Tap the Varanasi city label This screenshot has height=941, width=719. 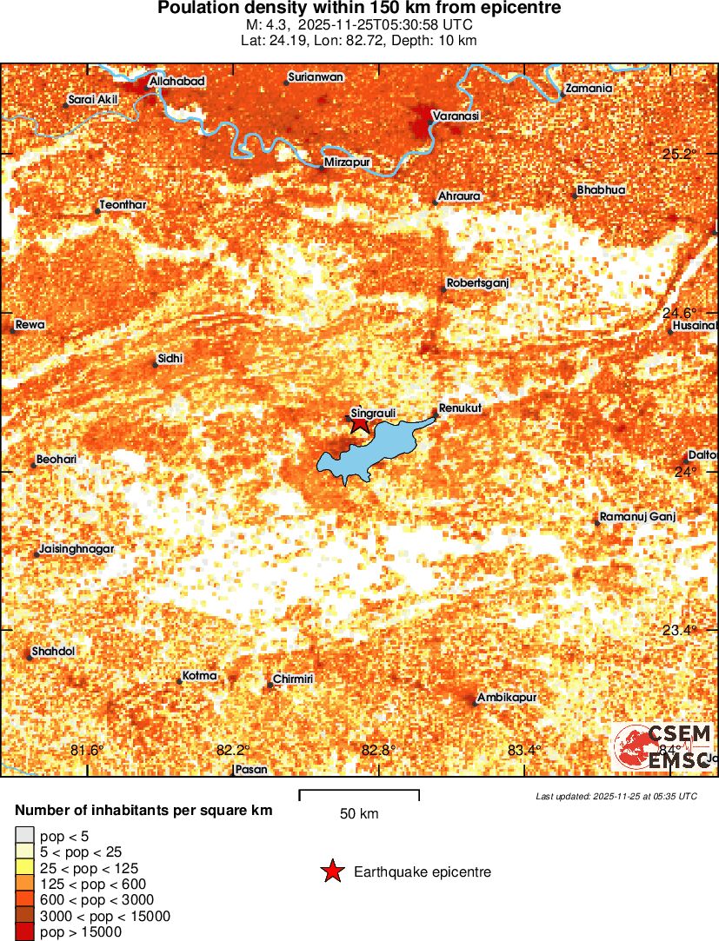(x=456, y=116)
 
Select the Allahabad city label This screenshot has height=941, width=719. (x=177, y=82)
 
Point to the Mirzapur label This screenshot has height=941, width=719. (x=347, y=162)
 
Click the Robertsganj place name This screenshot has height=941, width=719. (x=476, y=283)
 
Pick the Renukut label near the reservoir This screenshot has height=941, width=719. (x=461, y=408)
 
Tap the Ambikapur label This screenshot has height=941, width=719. (x=507, y=698)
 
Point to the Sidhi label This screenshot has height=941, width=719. (x=170, y=358)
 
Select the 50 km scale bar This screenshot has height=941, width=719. (x=359, y=794)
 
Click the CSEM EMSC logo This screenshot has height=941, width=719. (x=665, y=746)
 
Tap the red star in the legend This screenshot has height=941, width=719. (x=333, y=871)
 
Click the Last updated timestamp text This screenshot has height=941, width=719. (x=616, y=796)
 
